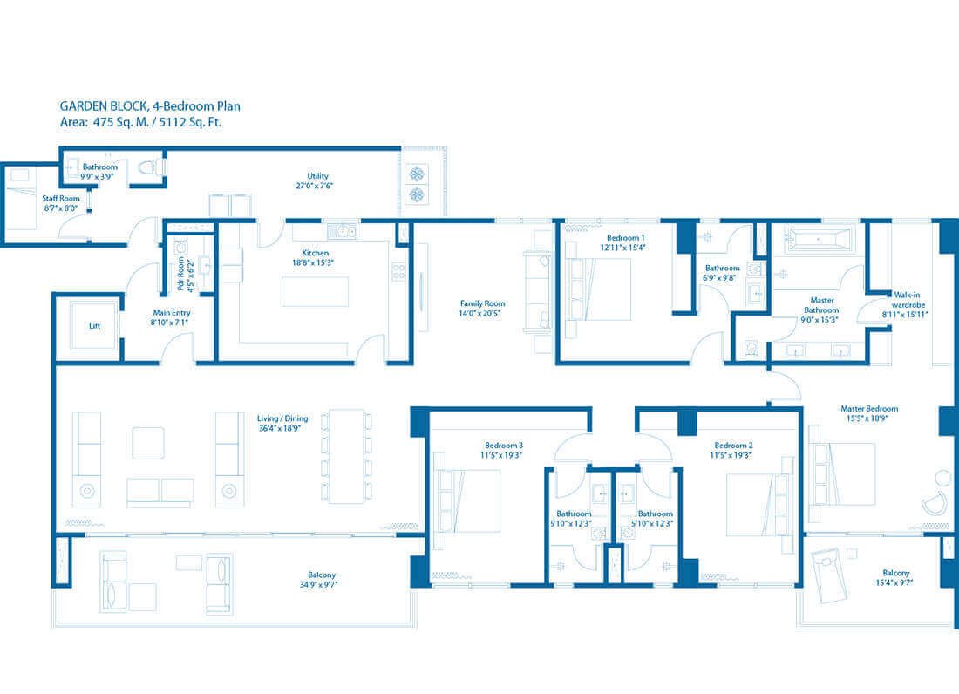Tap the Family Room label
[x=482, y=304]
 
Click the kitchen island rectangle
[x=315, y=291]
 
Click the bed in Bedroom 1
[x=600, y=289]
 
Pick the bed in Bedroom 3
[x=472, y=500]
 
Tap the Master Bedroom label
[x=868, y=408]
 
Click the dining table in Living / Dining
[x=346, y=456]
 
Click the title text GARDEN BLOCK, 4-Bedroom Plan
[x=150, y=105]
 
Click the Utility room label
[x=316, y=176]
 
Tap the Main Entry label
[x=172, y=312]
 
